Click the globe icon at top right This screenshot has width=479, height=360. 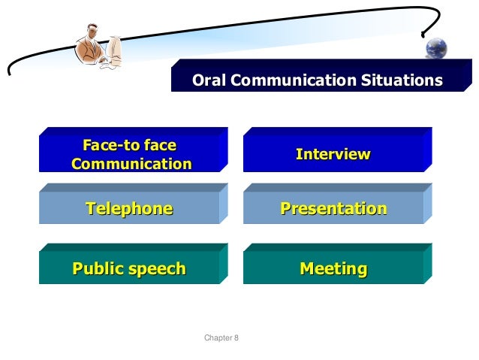pos(436,48)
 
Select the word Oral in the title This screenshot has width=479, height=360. pos(209,80)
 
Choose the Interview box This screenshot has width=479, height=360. pos(333,155)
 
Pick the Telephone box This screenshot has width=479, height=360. pos(128,208)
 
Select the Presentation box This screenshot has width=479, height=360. pos(333,208)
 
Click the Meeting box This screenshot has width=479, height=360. pos(333,268)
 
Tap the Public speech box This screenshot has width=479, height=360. pos(128,268)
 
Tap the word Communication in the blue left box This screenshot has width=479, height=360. pos(131,163)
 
